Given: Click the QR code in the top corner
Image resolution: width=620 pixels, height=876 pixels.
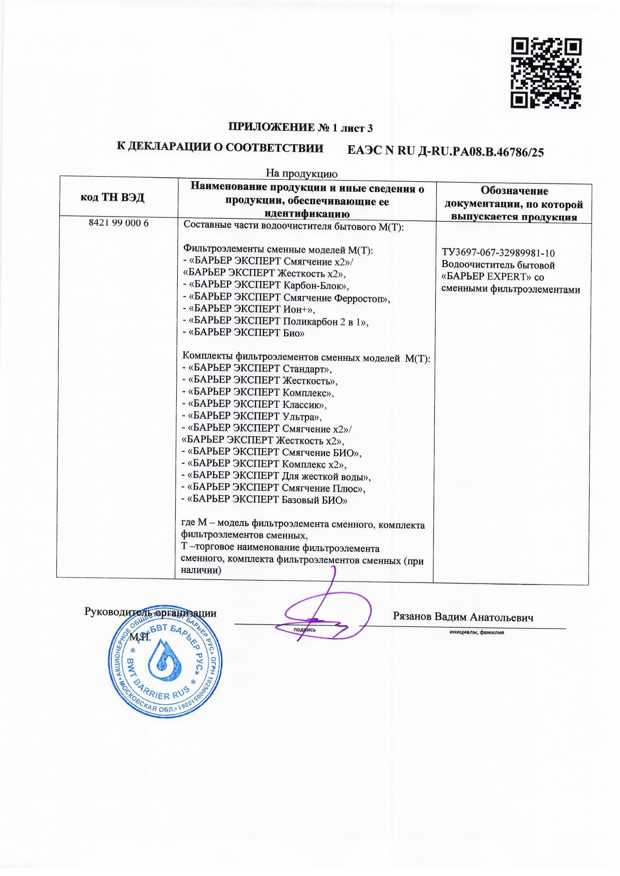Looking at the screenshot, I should [546, 73].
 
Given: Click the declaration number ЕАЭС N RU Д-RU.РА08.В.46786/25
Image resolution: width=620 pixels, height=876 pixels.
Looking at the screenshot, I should [445, 151].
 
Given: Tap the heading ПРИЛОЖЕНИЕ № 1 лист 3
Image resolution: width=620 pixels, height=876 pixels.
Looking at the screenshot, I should [300, 128].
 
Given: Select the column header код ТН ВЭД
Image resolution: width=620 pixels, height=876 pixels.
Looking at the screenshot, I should [112, 197].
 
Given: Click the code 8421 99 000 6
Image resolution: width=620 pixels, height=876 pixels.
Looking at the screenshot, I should [119, 223].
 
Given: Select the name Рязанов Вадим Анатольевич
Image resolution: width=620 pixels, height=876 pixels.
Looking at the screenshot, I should [463, 617].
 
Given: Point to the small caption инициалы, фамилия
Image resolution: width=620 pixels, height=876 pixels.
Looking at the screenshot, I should [476, 632].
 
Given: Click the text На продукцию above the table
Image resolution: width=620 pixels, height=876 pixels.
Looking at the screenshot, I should [302, 174].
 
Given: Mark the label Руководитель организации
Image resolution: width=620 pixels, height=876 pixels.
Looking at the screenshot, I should [150, 613].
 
